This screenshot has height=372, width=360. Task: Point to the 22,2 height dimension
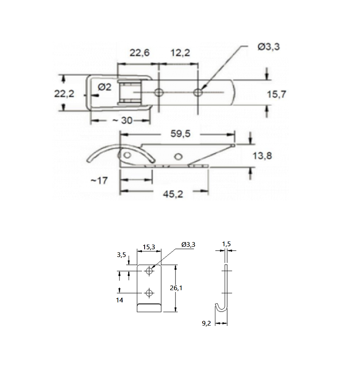click(64, 94)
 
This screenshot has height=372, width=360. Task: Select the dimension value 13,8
click(264, 155)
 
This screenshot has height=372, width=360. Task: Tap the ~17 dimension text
click(100, 180)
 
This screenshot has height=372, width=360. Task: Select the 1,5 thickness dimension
click(226, 244)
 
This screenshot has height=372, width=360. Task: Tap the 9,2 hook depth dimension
click(206, 323)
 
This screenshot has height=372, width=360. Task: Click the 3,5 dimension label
click(121, 255)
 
